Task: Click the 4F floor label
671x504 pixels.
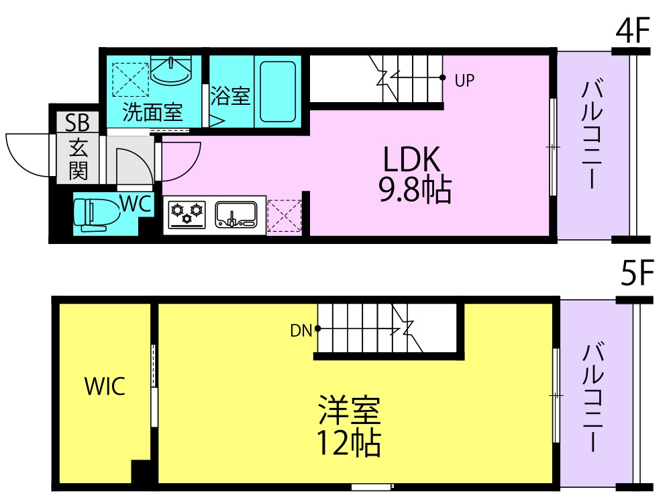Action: [633, 30]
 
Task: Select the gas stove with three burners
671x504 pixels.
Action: [187, 214]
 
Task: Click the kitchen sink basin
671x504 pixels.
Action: [236, 214]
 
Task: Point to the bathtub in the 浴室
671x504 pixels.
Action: [278, 91]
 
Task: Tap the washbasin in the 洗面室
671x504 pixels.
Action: [170, 71]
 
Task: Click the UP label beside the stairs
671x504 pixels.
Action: [464, 80]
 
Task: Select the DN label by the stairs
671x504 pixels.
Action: [301, 331]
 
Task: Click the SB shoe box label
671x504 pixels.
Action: [77, 122]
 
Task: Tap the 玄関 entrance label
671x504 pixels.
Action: [79, 159]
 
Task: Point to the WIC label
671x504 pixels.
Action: [105, 386]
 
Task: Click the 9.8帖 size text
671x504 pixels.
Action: [415, 189]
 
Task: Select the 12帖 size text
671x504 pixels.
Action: [348, 443]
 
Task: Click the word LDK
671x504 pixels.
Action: [411, 159]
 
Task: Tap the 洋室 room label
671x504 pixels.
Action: [349, 410]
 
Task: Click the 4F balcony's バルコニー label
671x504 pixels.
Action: [592, 134]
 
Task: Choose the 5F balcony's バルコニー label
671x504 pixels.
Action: [592, 396]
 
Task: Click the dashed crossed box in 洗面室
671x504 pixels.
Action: [131, 80]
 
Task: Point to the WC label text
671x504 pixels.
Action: [136, 204]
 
